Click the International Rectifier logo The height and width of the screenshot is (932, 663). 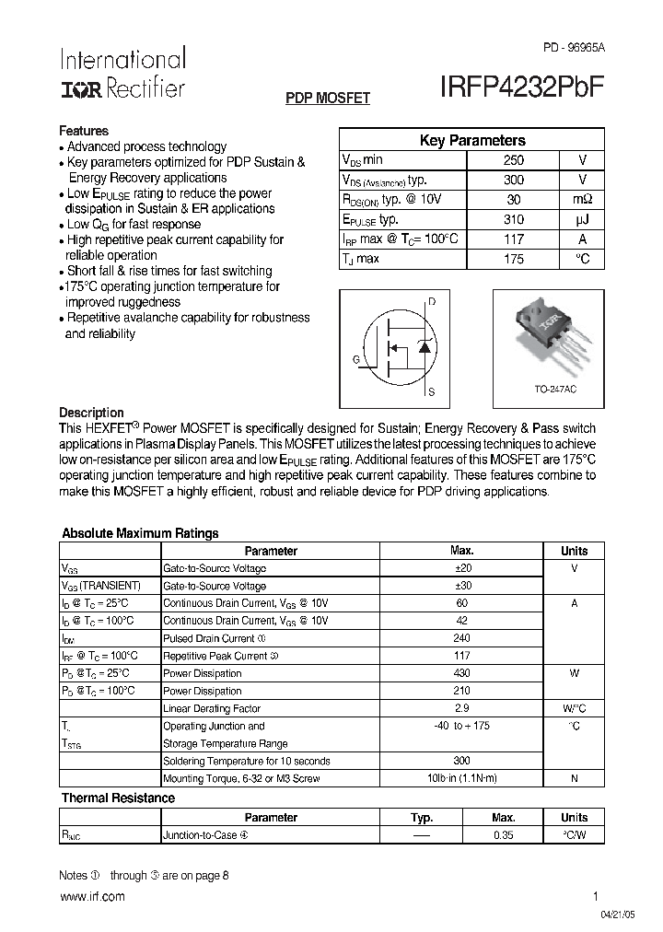pos(122,74)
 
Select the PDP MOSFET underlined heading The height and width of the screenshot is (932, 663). pos(328,98)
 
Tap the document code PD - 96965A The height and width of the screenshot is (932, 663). pos(575,47)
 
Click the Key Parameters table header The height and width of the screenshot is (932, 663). pos(472,141)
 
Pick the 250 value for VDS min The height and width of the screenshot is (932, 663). pos(514,160)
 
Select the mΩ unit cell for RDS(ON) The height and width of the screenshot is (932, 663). pos(582,200)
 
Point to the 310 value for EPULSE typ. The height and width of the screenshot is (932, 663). pos(514,220)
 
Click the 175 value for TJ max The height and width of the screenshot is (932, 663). pos(514,260)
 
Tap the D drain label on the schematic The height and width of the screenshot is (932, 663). pos(432,302)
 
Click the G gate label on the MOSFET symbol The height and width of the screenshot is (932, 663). pos(355,359)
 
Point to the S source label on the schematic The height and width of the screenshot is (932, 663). pos(431,391)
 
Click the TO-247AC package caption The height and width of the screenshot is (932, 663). pos(555,390)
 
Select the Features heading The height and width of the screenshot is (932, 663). pos(84,131)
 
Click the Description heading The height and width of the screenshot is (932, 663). pos(91,413)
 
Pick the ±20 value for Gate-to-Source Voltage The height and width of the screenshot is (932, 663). pos(462,568)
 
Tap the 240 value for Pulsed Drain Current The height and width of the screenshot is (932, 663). pos(462,638)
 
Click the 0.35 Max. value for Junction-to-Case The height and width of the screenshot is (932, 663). pos(503,835)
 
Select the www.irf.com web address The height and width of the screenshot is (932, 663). pos(92,896)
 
